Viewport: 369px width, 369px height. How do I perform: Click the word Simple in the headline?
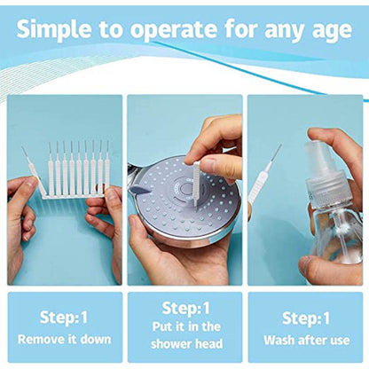click(x=54, y=30)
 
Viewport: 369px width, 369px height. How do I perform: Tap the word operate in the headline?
click(x=175, y=30)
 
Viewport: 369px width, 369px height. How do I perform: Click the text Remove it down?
click(x=64, y=339)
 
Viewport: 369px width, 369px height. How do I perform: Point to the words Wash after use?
click(x=306, y=340)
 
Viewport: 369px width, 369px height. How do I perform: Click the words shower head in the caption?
click(x=186, y=343)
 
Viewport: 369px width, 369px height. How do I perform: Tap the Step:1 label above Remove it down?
click(x=64, y=318)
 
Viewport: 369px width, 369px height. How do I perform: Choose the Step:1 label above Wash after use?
click(x=306, y=318)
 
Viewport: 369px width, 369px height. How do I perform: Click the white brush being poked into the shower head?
click(x=196, y=184)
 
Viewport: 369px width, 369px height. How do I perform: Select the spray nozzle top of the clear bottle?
click(x=318, y=153)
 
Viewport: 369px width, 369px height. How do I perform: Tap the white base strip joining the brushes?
click(x=73, y=196)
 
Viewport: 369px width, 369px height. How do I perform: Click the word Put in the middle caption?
click(x=162, y=327)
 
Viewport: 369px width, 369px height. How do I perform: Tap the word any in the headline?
click(x=286, y=32)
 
